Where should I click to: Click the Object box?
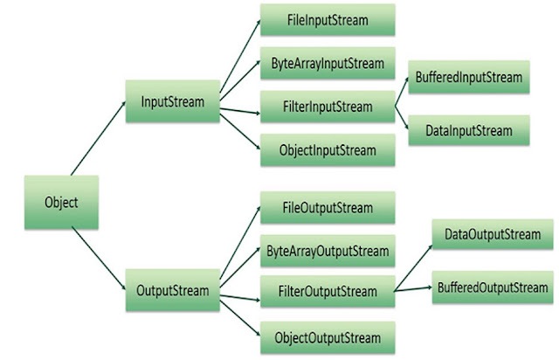coord(61,203)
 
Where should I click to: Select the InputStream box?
coord(172,102)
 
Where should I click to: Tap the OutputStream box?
coord(172,290)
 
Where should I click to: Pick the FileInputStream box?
coord(328,19)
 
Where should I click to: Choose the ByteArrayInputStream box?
coord(328,64)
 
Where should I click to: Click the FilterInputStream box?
coord(328,107)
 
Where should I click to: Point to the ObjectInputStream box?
coord(328,150)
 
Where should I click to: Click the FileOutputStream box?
coord(328,208)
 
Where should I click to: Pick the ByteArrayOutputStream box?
coord(328,252)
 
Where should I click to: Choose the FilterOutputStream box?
coord(328,291)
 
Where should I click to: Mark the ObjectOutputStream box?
coord(328,336)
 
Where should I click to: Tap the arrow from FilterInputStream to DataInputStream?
coord(404,119)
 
